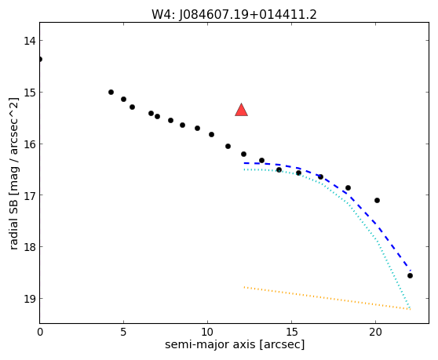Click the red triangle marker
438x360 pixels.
[x=241, y=110]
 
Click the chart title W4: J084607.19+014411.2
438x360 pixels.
[x=234, y=15]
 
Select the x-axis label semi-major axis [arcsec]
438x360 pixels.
[x=235, y=344]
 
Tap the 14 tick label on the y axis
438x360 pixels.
[x=30, y=41]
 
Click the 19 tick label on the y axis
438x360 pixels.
[x=30, y=299]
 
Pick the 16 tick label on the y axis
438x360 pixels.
[x=30, y=144]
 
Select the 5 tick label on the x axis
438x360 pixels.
[x=123, y=332]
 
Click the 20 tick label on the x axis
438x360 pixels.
[x=375, y=332]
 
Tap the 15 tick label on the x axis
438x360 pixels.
[x=291, y=332]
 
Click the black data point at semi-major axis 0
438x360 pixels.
[x=40, y=59]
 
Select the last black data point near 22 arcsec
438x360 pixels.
[x=410, y=276]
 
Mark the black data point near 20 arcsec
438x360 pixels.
[x=377, y=200]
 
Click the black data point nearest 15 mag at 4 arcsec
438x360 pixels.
[x=111, y=92]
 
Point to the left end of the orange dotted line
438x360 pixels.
[x=244, y=287]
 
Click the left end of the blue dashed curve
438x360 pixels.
[x=244, y=163]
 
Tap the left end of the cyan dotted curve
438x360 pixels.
[x=244, y=169]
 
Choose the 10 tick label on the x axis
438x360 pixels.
[x=207, y=332]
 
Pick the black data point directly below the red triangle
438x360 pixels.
[x=243, y=154]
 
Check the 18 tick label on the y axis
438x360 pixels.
[x=30, y=247]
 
